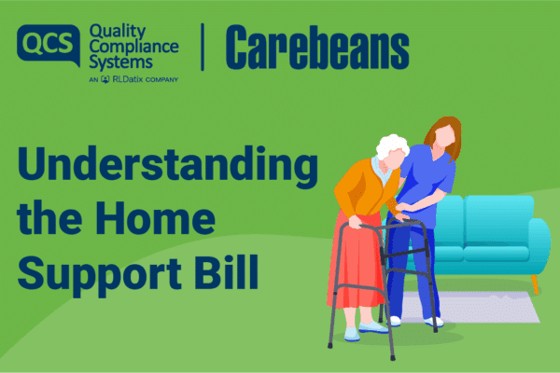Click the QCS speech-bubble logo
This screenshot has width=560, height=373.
(49, 44)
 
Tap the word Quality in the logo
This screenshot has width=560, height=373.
(118, 32)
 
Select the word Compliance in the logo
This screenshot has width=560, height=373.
(133, 48)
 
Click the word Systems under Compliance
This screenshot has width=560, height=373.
(120, 63)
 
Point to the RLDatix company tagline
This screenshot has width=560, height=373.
(133, 79)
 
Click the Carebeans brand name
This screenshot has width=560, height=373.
(317, 48)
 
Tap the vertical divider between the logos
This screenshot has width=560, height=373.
(203, 48)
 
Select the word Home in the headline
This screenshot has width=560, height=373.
(155, 217)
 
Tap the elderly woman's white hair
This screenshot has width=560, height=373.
(392, 146)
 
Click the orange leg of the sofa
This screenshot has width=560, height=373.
(535, 284)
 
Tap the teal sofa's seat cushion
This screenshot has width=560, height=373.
(497, 254)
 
